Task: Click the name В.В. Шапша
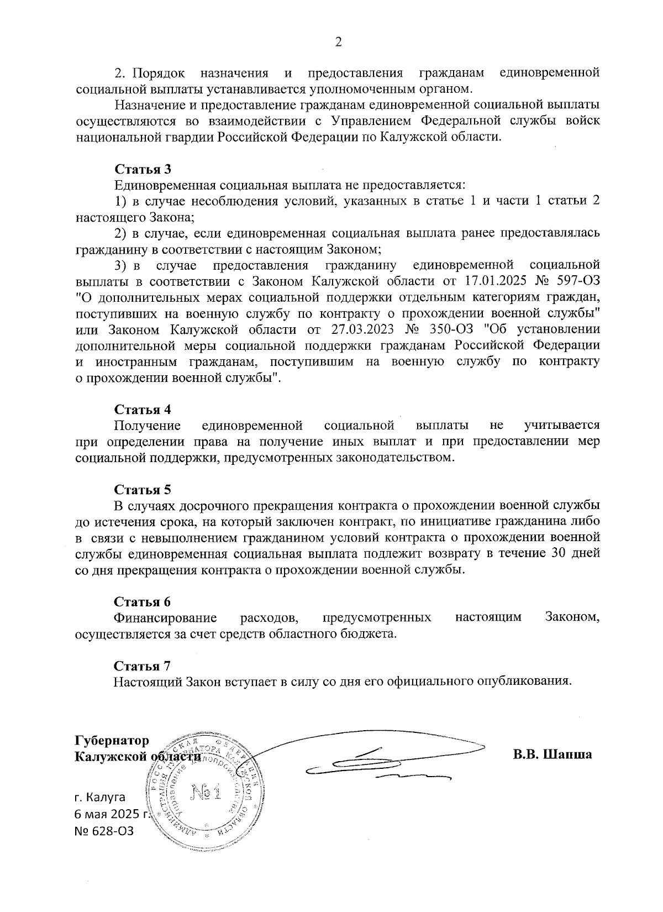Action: coord(552,754)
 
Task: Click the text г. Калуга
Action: coord(100,797)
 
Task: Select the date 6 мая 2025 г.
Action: coord(112,814)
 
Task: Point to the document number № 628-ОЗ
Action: coord(104,831)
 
